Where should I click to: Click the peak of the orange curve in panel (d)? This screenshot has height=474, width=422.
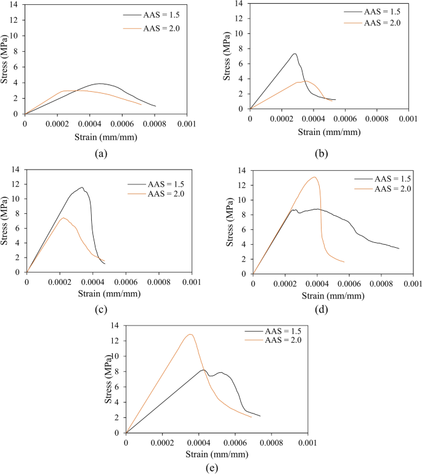tap(315, 178)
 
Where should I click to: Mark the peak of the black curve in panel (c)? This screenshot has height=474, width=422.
tap(81, 187)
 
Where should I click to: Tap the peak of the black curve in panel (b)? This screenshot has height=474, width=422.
tap(294, 54)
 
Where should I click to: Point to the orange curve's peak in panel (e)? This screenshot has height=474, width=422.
tap(190, 335)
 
